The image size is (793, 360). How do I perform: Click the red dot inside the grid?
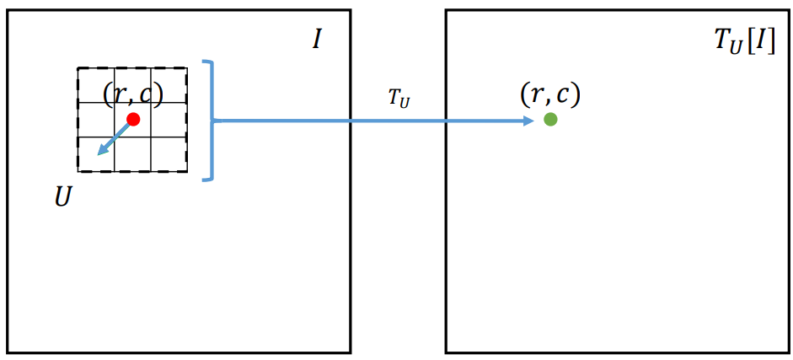pos(132,119)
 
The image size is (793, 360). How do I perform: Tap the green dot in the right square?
pos(550,119)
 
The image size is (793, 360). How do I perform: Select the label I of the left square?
pos(316,39)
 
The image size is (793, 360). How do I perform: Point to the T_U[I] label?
pos(739,40)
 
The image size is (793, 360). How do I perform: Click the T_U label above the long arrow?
pos(399,99)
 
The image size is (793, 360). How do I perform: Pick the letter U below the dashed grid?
pos(62,198)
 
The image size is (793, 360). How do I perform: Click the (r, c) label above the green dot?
pos(550,94)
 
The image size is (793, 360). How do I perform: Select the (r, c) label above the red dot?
pos(132,94)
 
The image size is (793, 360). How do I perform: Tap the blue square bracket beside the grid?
pos(208,120)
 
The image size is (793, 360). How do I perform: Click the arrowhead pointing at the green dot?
pos(528,121)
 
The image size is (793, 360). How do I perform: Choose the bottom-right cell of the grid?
pos(169,154)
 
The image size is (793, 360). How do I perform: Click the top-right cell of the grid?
pos(169,84)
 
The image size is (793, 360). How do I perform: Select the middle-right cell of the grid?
pos(169,120)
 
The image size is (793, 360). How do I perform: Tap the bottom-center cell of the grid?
pos(132,154)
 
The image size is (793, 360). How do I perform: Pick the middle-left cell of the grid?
pos(95,120)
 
